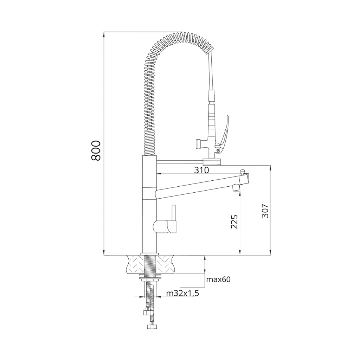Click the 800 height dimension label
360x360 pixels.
coord(96,150)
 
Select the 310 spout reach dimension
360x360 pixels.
coord(201,170)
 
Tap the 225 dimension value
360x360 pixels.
coord(234,222)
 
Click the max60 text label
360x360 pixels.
coord(218,279)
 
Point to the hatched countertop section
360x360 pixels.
coord(135,264)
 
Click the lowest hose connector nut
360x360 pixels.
coord(152,327)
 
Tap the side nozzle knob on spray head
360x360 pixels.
coord(199,143)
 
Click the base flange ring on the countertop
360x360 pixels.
coord(149,254)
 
